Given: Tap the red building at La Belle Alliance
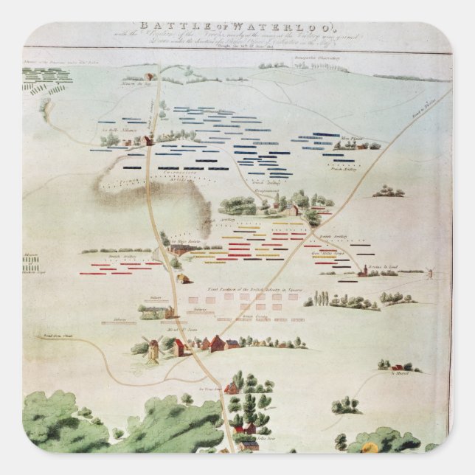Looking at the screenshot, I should (x=148, y=140).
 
